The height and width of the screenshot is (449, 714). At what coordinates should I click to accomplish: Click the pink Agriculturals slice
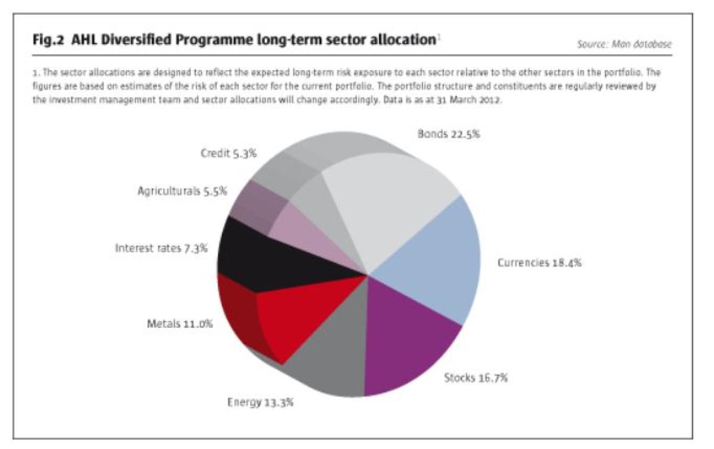tap(303, 229)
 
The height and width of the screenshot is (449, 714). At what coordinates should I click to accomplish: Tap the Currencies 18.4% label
tap(538, 262)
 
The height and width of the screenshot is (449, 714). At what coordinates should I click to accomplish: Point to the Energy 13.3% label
tap(260, 403)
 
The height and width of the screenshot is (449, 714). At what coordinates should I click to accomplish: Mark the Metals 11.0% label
tap(179, 325)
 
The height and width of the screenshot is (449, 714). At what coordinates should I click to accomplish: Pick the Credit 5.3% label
tap(228, 153)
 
